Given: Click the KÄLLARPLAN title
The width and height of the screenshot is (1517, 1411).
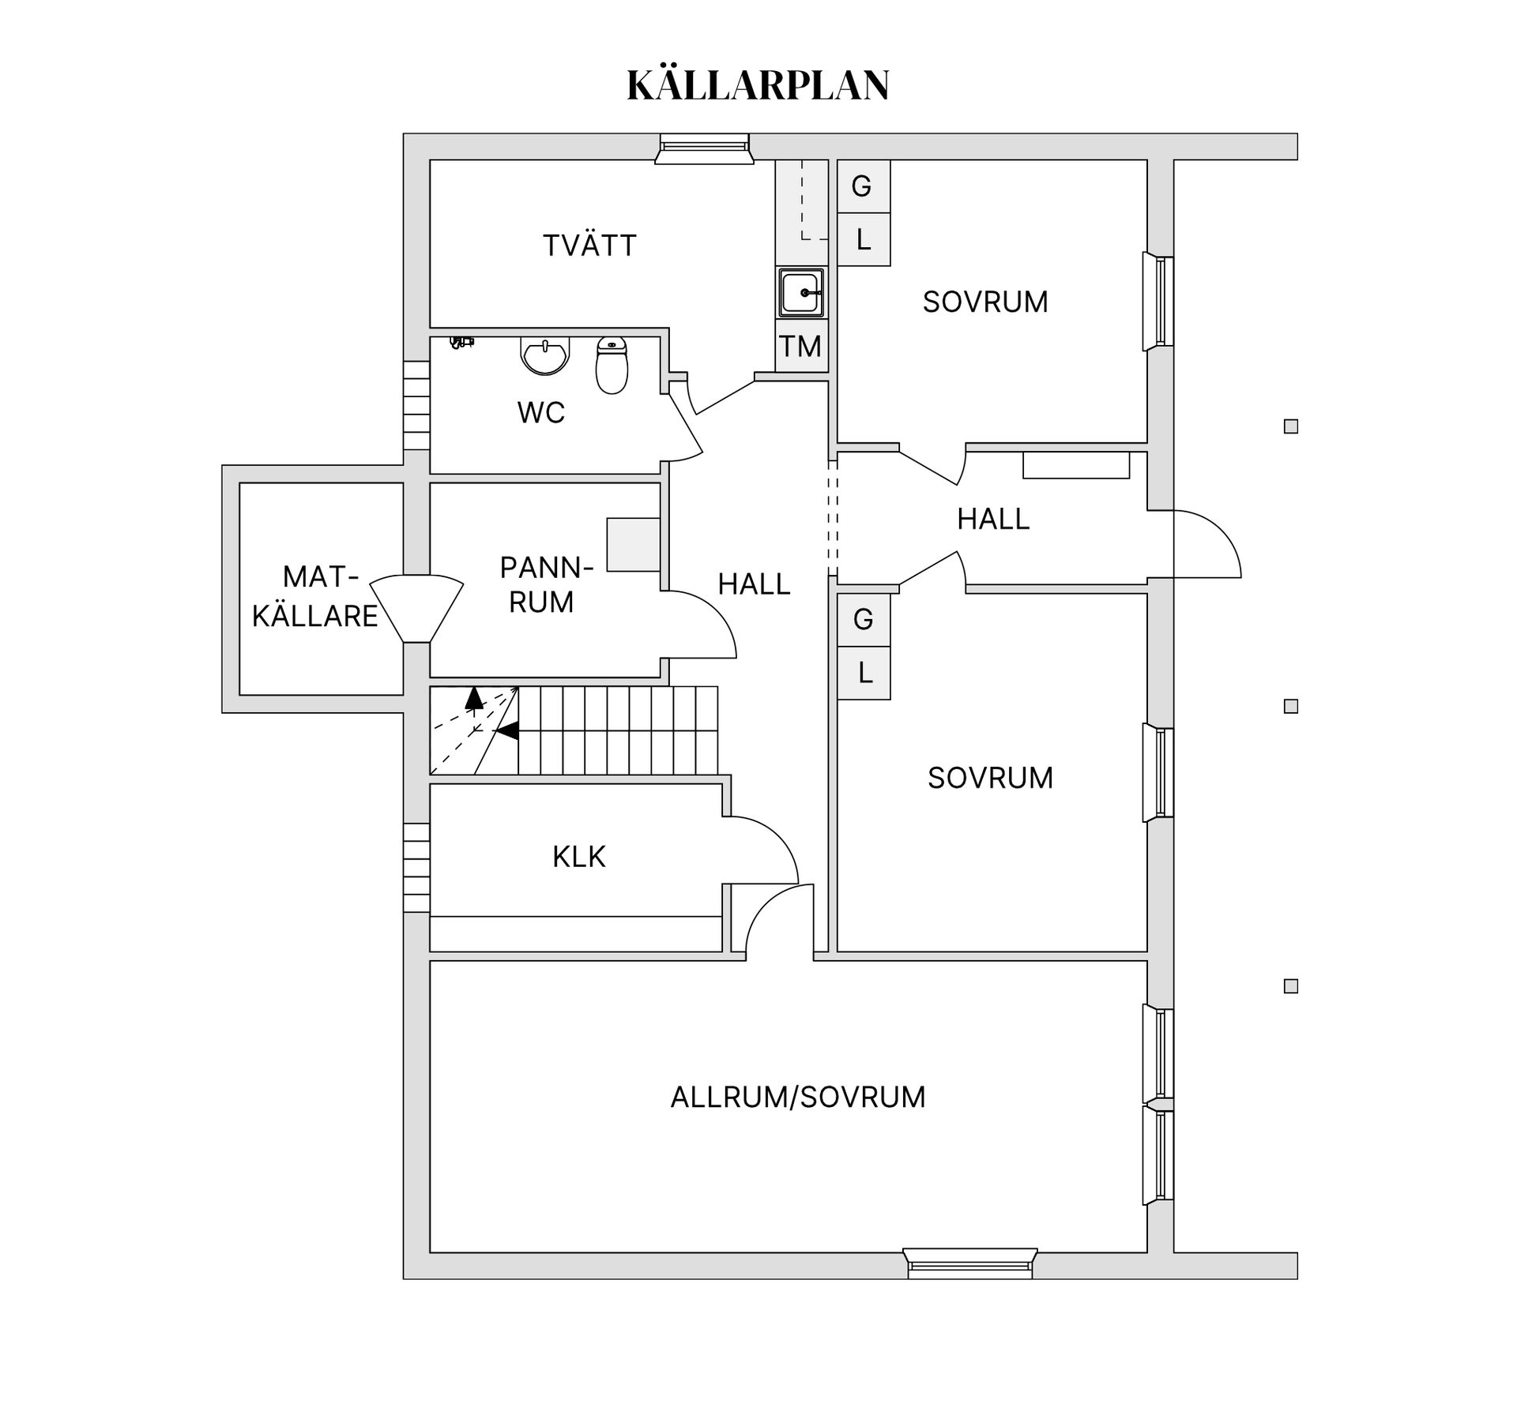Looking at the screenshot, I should click(x=758, y=85).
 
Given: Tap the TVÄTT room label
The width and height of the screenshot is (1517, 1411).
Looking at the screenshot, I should click(x=589, y=246).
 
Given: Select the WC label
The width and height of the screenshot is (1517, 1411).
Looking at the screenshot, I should click(x=541, y=412).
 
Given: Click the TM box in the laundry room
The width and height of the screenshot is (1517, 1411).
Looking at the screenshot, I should click(x=801, y=346).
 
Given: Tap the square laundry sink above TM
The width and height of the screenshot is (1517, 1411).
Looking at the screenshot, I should click(x=801, y=292).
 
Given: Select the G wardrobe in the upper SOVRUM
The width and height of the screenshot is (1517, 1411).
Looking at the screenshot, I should click(x=863, y=186).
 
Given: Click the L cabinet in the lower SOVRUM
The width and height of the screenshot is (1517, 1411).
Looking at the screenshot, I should click(x=864, y=673).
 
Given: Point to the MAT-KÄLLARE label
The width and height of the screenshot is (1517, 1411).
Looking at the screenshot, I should click(x=316, y=596).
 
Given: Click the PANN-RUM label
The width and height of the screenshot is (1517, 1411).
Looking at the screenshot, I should click(x=544, y=584).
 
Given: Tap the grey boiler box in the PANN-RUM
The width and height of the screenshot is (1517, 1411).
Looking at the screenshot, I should click(x=633, y=544).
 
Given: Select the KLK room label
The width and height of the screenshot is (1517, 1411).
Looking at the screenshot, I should click(x=578, y=857).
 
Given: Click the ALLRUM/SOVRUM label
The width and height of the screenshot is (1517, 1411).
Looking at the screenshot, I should click(x=798, y=1097).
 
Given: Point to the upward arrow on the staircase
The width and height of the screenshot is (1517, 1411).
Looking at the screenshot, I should click(x=473, y=698).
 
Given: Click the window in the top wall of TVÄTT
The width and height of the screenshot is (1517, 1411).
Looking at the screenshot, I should click(x=704, y=148).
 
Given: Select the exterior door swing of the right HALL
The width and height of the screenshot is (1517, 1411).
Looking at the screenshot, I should click(x=1206, y=544).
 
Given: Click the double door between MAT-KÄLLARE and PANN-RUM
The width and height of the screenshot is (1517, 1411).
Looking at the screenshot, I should click(x=416, y=609).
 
